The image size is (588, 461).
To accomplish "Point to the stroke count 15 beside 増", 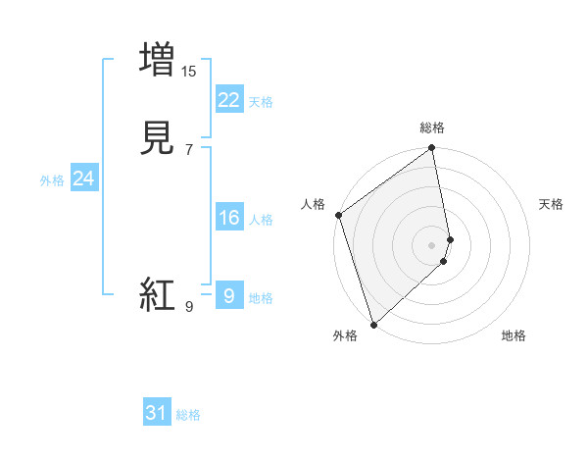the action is [189, 72].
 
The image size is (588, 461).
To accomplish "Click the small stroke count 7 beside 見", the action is [188, 151].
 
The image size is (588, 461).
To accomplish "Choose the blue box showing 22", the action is [228, 99].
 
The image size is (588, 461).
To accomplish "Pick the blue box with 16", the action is [228, 217].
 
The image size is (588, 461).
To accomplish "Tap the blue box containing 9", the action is [228, 295].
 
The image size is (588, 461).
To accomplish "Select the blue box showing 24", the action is [84, 178].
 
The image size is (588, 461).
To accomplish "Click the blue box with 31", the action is [157, 413].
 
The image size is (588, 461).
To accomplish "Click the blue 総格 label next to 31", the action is [188, 415].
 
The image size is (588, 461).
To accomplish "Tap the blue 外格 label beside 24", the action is [52, 179].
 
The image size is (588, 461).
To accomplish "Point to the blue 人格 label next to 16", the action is [261, 220].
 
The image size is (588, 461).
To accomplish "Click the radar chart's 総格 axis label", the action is [432, 128].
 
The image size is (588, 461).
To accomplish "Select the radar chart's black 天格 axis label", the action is [551, 204].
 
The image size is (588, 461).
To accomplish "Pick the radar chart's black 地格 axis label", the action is [514, 335].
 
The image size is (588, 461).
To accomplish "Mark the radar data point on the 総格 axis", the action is [432, 149].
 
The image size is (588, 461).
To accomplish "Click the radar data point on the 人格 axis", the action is [338, 215].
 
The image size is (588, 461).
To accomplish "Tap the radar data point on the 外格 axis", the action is [373, 324].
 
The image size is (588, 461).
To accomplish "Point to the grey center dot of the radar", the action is [432, 244].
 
